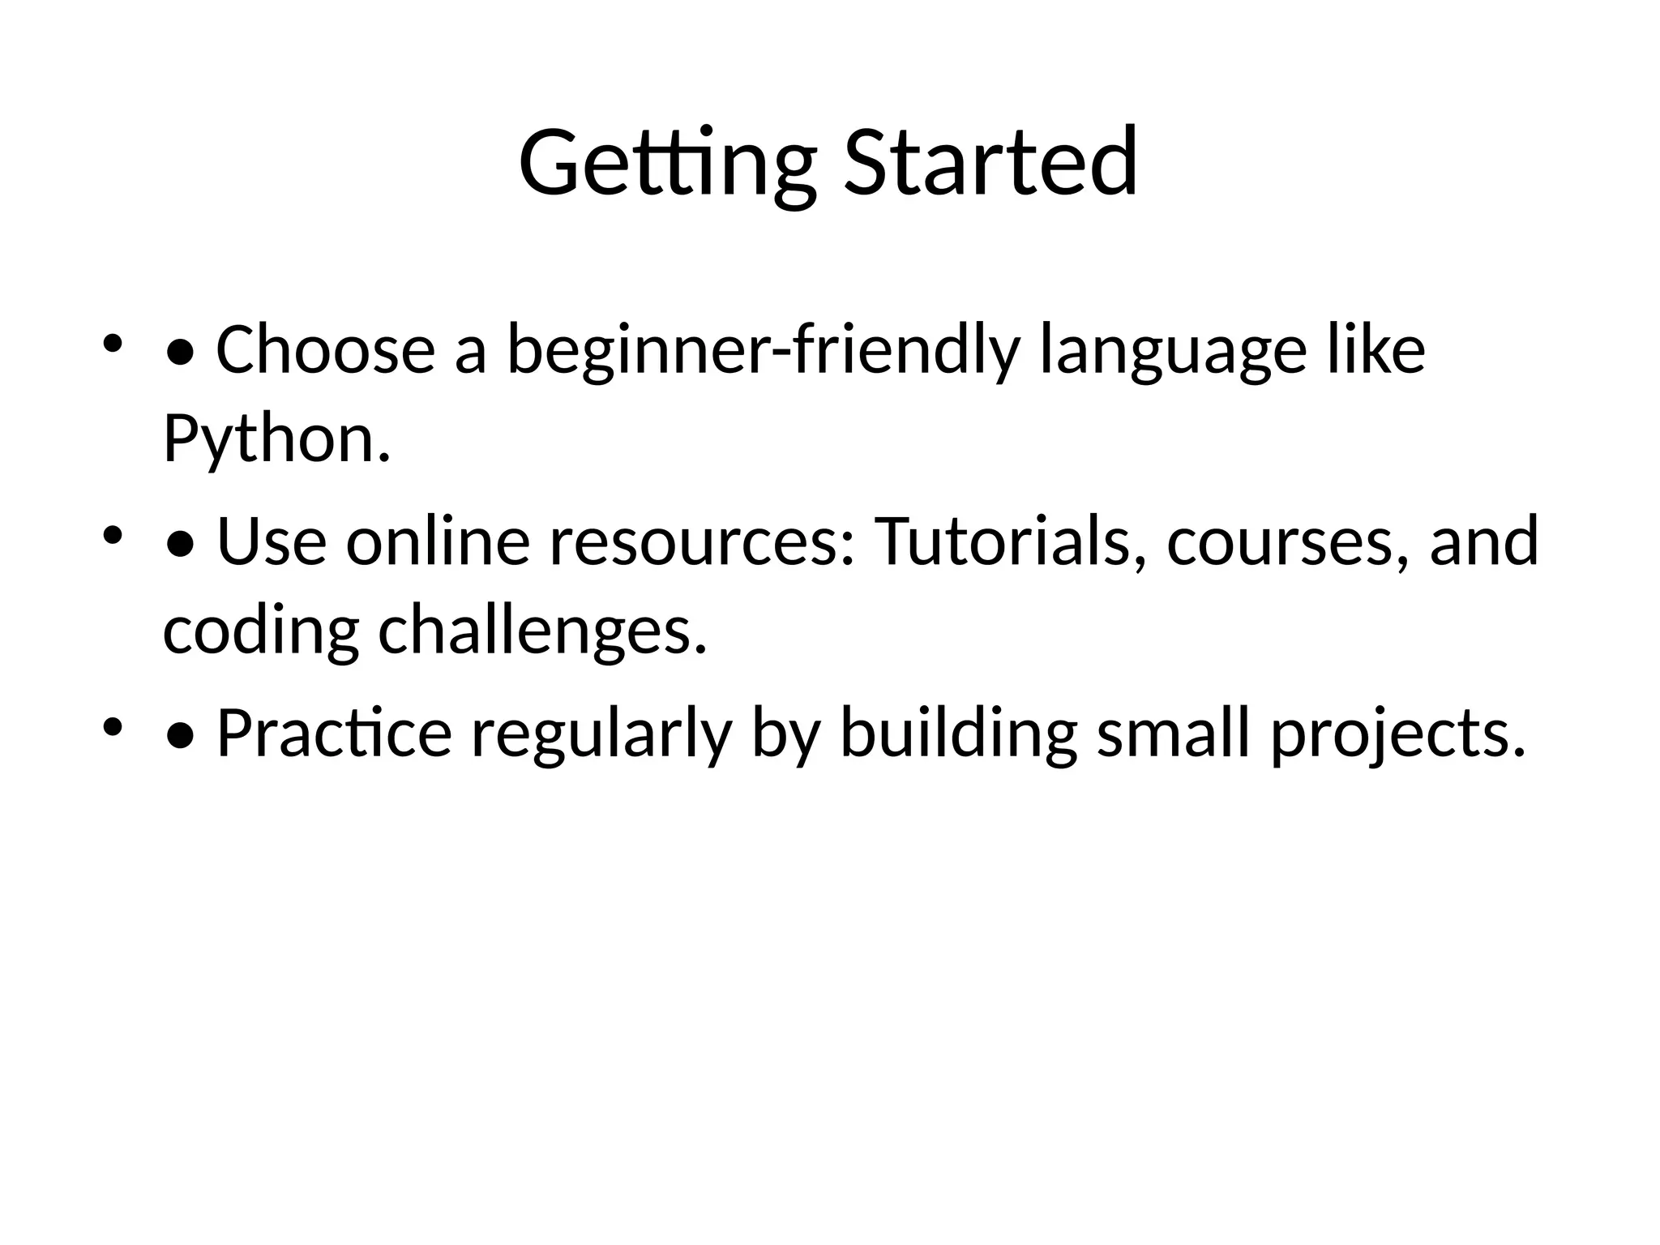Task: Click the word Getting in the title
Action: coord(666,164)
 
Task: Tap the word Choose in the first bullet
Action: coord(325,350)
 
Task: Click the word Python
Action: coord(276,439)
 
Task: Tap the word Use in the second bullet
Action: coord(272,541)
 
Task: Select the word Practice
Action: coord(333,734)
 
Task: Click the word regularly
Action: coord(601,734)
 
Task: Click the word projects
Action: coord(1397,734)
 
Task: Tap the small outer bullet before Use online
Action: coord(112,535)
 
